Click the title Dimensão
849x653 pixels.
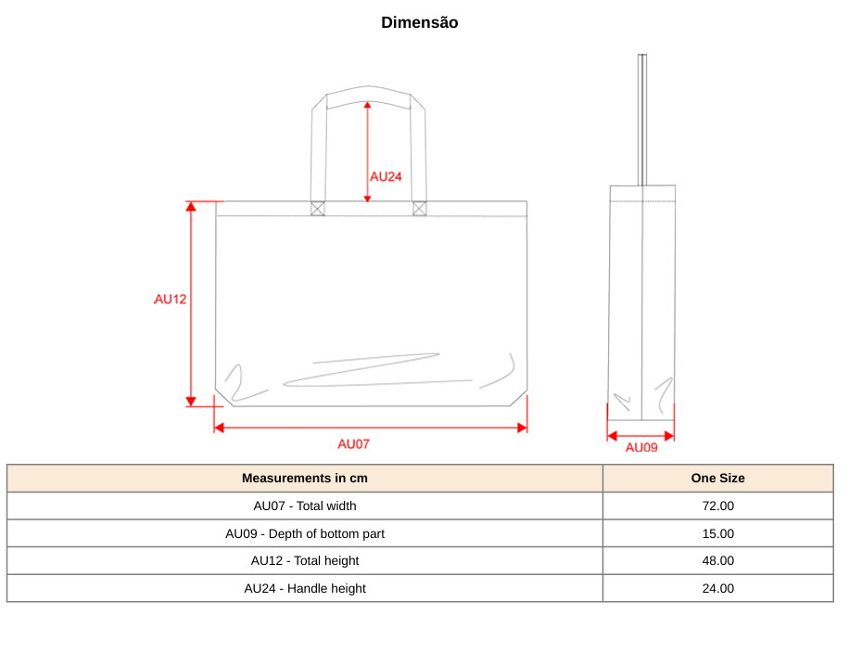click(x=420, y=22)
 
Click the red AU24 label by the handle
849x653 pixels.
click(x=386, y=176)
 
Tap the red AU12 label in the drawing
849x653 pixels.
click(x=170, y=299)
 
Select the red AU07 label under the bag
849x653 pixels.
click(x=353, y=444)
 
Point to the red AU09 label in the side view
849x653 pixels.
click(x=641, y=448)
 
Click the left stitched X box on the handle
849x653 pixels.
click(x=318, y=209)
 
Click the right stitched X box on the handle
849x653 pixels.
click(x=420, y=209)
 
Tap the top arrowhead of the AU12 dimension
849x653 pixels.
click(x=191, y=206)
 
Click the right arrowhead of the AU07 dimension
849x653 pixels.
click(x=523, y=429)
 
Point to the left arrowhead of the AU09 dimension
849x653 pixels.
click(x=613, y=436)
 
